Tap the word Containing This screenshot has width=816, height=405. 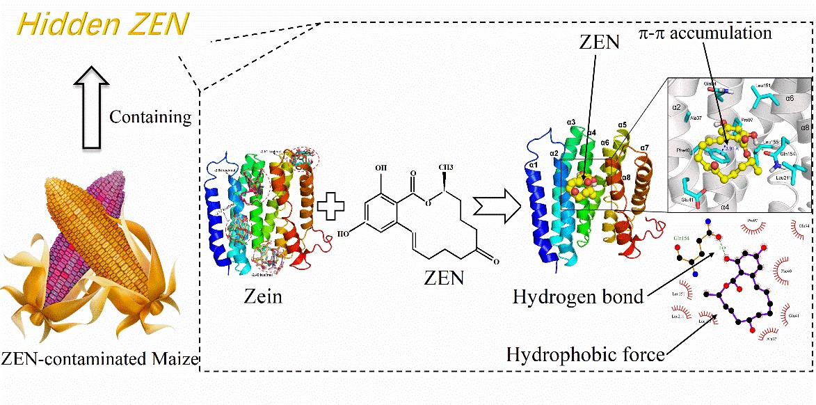[150, 116]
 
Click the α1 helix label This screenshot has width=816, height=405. [533, 166]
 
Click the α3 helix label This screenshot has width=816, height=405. [572, 124]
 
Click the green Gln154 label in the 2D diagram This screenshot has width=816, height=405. [685, 237]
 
